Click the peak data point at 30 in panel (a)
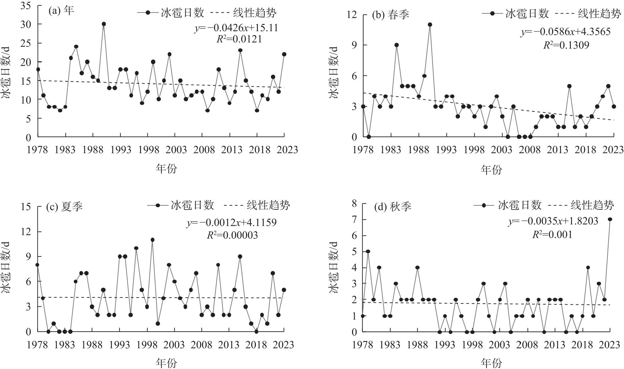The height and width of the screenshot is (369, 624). [x=104, y=24]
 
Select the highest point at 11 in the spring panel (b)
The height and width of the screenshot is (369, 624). [x=430, y=25]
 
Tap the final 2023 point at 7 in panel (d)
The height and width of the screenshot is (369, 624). [x=610, y=219]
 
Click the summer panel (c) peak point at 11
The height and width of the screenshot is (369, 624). [x=153, y=240]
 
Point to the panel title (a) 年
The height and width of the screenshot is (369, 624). [x=61, y=11]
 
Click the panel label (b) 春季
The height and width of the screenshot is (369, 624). [x=390, y=15]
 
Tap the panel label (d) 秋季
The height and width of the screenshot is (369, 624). [x=393, y=207]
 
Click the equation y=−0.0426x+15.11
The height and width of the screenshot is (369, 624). [x=236, y=28]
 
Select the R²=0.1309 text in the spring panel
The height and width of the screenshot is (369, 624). [x=566, y=45]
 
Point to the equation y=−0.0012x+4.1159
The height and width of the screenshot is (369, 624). [x=232, y=223]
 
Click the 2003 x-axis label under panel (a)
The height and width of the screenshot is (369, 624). [x=176, y=150]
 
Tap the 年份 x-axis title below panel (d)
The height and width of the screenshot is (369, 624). [x=491, y=363]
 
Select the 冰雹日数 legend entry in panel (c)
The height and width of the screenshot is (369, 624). [x=192, y=205]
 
